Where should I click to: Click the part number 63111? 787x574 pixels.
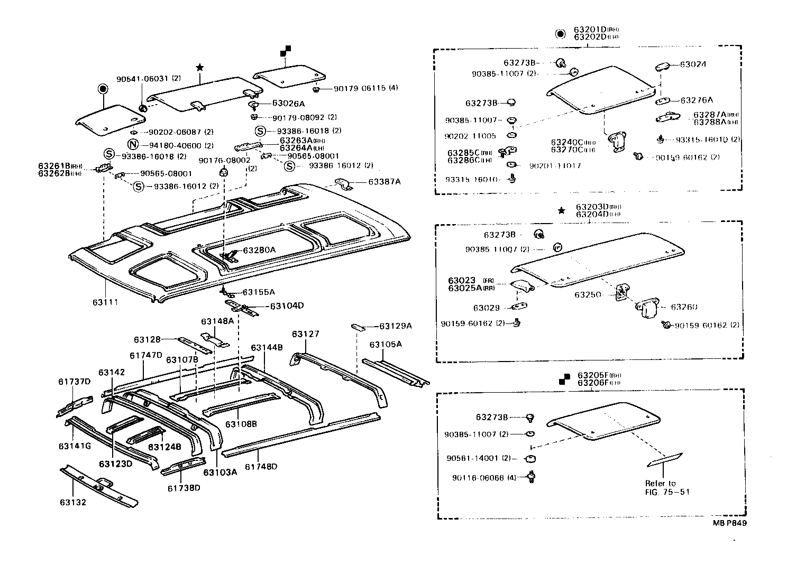[105, 302]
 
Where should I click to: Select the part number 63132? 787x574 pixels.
[72, 502]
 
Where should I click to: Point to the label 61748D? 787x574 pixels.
[261, 467]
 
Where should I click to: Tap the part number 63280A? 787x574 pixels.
[259, 250]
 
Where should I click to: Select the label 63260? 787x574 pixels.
[684, 307]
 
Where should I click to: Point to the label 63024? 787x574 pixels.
[693, 64]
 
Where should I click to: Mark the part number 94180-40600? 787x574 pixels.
[175, 145]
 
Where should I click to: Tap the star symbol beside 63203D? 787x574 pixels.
[561, 211]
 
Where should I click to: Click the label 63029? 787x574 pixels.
[487, 308]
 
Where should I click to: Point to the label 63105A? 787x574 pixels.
[386, 345]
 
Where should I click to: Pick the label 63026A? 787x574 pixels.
[289, 104]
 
